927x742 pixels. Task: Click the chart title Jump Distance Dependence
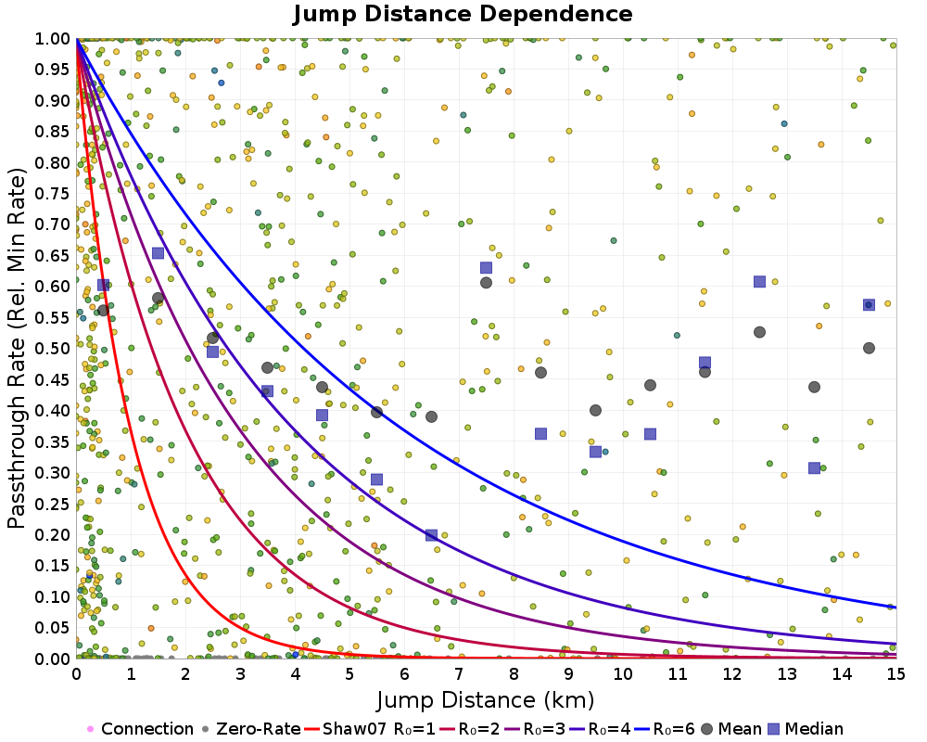pos(463,14)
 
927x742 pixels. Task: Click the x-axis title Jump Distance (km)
pos(486,698)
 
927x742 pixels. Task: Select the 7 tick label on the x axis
pos(459,673)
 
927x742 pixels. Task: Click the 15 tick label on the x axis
pos(895,673)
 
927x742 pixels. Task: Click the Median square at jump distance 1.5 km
pos(159,253)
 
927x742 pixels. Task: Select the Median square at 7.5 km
pos(486,268)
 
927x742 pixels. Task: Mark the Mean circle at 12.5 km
pos(759,332)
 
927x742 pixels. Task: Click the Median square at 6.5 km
pos(431,535)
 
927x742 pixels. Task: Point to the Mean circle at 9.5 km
pos(595,410)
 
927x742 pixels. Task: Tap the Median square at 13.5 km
pos(814,468)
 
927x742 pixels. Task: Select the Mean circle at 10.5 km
pos(650,385)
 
